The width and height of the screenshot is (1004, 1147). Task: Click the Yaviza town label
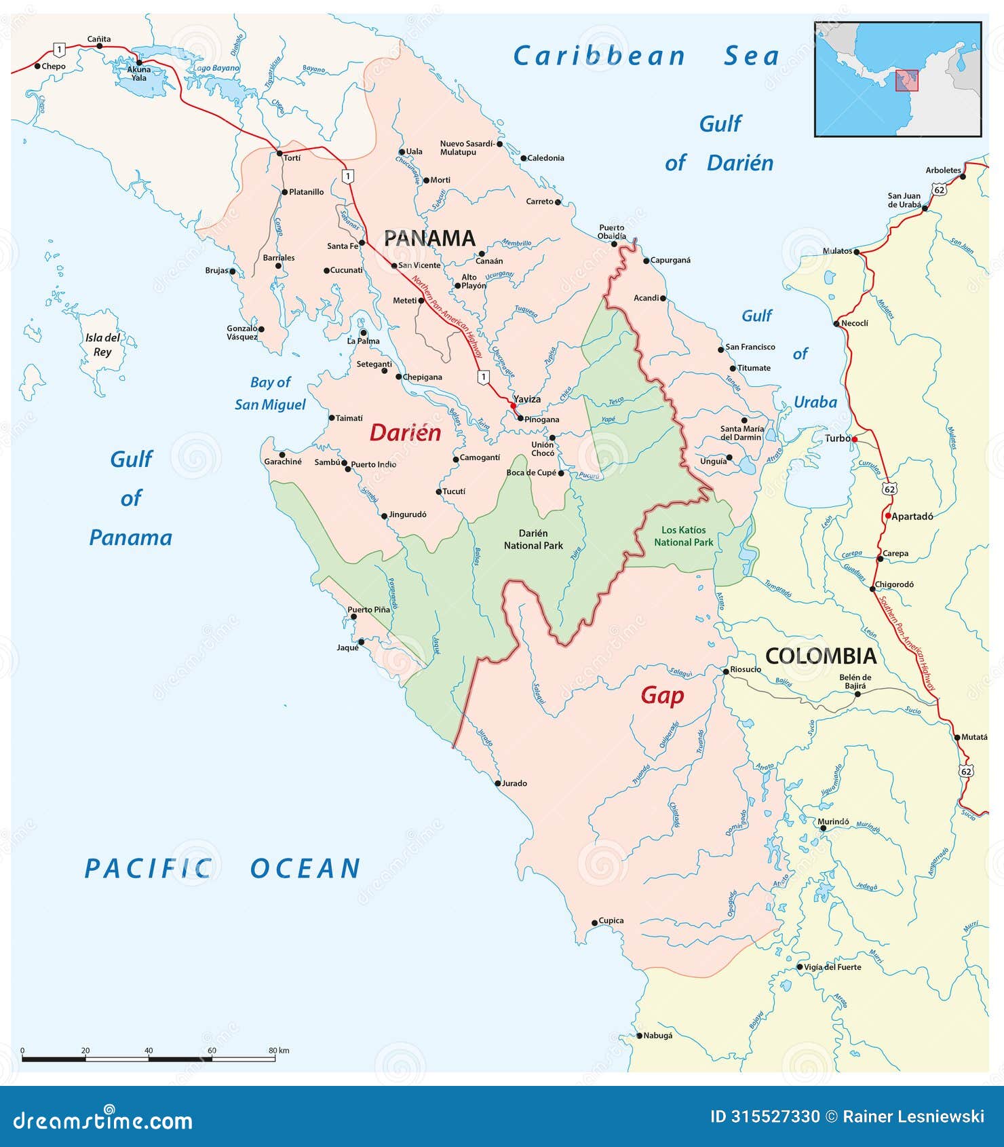[527, 399]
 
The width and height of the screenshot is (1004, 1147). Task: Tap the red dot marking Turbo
[855, 440]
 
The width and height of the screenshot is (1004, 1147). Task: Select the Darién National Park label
[533, 540]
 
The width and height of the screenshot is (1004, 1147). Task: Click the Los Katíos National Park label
[684, 536]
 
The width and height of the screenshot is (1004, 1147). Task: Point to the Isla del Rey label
[102, 345]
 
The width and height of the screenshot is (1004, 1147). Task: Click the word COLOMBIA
[821, 656]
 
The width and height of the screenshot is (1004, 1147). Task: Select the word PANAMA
[429, 238]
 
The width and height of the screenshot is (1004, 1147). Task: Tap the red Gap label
[662, 696]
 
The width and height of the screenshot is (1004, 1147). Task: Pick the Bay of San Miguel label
[271, 394]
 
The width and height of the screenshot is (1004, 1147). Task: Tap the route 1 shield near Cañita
[60, 49]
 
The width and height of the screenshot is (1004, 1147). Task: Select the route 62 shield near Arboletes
[939, 190]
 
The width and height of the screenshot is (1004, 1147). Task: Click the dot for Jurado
[497, 783]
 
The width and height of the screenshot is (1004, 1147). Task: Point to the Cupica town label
[611, 921]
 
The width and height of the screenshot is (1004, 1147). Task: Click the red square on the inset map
[906, 80]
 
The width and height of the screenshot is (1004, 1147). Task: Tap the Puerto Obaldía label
[612, 232]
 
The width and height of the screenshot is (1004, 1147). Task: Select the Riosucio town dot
[725, 671]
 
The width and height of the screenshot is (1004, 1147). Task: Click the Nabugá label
[658, 1036]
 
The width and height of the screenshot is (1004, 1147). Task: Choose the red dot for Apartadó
[887, 516]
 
